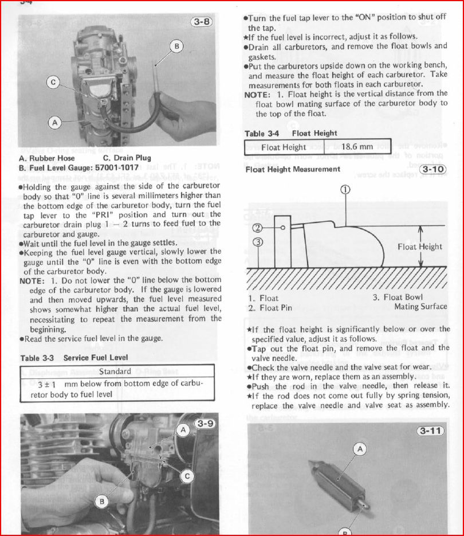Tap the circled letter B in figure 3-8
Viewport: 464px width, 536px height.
(176, 46)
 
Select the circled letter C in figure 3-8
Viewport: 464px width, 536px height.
(53, 83)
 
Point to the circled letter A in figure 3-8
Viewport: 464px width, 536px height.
(55, 122)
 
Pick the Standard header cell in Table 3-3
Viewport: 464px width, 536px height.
(116, 371)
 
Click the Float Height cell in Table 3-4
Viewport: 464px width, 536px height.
(284, 147)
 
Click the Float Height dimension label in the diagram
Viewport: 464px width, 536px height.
(420, 247)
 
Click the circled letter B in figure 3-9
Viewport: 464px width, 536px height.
(101, 502)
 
